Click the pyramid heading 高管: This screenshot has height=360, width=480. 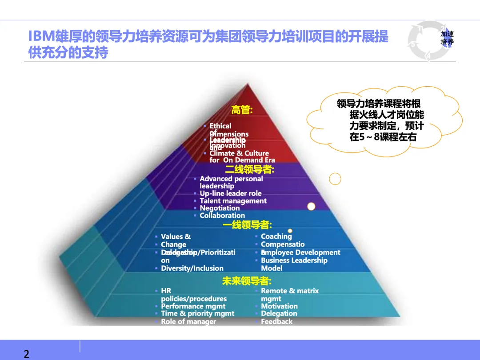click(x=242, y=110)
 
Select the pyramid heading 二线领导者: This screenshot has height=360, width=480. click(x=250, y=169)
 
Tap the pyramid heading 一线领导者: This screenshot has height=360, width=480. click(x=247, y=225)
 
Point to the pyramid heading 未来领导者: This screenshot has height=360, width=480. click(x=247, y=281)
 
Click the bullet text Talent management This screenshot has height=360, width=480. click(x=233, y=201)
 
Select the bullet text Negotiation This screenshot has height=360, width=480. click(x=220, y=208)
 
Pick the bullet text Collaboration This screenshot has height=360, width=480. click(x=222, y=216)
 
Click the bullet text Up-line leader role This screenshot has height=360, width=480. click(x=230, y=193)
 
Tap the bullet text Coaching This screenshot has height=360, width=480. click(x=276, y=236)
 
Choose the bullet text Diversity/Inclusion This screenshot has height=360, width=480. click(x=192, y=268)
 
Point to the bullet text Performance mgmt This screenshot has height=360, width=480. click(x=193, y=306)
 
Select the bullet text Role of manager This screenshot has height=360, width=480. click(x=188, y=321)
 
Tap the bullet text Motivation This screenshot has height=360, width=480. click(x=279, y=306)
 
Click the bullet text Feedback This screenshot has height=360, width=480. click(x=276, y=321)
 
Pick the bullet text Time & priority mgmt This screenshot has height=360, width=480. click(x=197, y=314)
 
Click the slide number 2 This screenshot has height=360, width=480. click(x=26, y=354)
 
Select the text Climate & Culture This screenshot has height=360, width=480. click(x=239, y=153)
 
